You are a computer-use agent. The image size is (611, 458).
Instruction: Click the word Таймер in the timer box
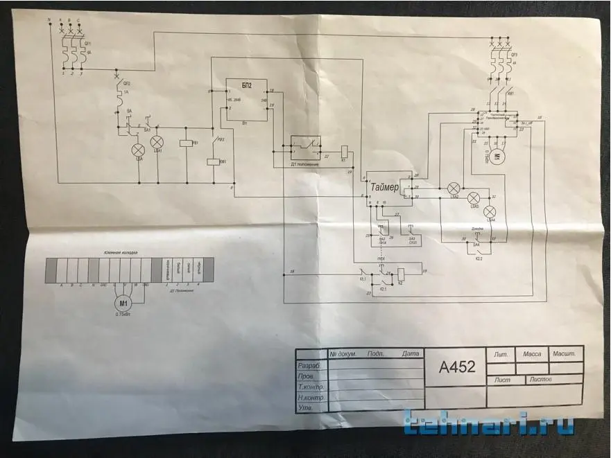tap(384, 187)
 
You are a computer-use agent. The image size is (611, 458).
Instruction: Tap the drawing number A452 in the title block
tap(458, 367)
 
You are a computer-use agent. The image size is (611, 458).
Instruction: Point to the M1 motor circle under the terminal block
tap(121, 303)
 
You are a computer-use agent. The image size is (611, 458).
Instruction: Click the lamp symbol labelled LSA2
tap(454, 188)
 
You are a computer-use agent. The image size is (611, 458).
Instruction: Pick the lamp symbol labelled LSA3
tap(475, 197)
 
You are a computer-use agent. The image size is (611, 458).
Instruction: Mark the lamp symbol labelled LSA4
tap(490, 211)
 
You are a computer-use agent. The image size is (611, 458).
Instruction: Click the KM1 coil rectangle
tap(214, 162)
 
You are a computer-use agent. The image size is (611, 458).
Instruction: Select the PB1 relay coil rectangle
tap(187, 144)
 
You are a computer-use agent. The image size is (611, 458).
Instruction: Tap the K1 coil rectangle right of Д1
tap(345, 151)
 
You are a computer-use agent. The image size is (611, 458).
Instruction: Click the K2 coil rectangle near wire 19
tap(401, 275)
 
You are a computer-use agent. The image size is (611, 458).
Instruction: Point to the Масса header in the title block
tap(532, 353)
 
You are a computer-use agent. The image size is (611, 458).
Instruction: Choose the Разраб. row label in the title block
tap(308, 365)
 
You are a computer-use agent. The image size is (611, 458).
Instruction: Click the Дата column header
tap(411, 353)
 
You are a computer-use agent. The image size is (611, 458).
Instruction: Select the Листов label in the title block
tap(540, 379)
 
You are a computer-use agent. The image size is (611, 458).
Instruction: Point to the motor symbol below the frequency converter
tap(496, 156)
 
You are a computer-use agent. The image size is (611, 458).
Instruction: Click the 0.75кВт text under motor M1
tap(124, 316)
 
